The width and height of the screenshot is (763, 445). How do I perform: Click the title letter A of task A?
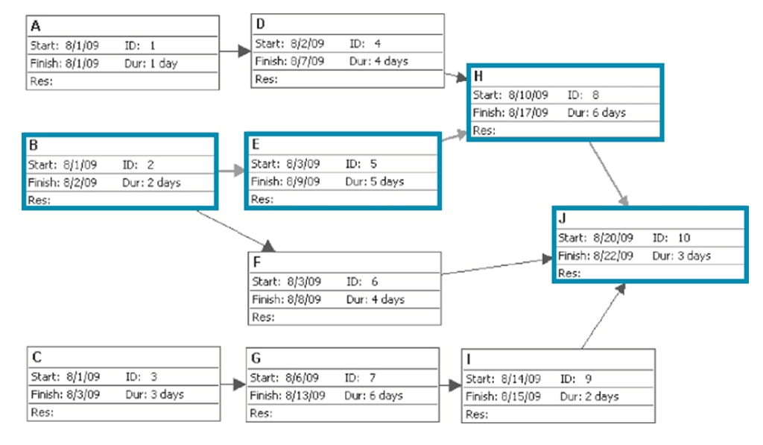[36, 26]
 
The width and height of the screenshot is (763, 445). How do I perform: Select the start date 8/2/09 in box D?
[307, 44]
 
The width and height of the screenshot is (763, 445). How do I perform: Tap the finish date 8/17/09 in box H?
[528, 113]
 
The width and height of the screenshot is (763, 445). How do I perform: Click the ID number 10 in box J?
[684, 238]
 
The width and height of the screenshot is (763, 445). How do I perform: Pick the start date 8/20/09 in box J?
[612, 238]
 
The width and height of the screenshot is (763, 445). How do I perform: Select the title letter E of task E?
[256, 145]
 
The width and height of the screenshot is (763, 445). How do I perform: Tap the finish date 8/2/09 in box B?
[80, 183]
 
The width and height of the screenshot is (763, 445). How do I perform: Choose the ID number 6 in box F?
[374, 282]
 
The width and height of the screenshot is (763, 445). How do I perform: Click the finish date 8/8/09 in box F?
[304, 300]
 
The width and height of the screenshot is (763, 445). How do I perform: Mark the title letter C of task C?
[37, 357]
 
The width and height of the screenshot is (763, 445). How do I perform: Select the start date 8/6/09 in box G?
[302, 378]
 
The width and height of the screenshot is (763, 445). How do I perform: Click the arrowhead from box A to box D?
[244, 51]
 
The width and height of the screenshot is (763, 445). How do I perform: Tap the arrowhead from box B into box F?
[268, 246]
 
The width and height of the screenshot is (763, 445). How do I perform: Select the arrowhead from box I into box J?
[620, 288]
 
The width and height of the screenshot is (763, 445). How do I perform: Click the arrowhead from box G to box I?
[455, 385]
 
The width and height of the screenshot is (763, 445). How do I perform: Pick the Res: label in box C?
[42, 412]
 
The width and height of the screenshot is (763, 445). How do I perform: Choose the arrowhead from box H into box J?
[624, 201]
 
